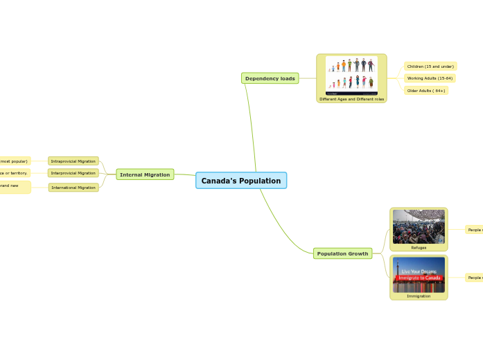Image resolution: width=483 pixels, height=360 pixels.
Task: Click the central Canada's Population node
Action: pyautogui.click(x=240, y=181)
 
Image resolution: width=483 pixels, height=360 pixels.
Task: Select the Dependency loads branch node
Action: pyautogui.click(x=270, y=78)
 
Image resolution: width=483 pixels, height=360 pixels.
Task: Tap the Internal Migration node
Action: pyautogui.click(x=145, y=174)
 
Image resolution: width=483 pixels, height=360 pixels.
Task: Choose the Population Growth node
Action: pyautogui.click(x=342, y=253)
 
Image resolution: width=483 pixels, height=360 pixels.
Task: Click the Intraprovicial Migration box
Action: pyautogui.click(x=73, y=161)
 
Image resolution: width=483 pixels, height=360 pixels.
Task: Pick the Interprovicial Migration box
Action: pyautogui.click(x=73, y=173)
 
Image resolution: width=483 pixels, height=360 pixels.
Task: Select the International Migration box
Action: pyautogui.click(x=73, y=187)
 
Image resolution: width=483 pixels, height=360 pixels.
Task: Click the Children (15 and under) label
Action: pyautogui.click(x=430, y=66)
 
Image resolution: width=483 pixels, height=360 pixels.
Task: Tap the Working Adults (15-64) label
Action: pyautogui.click(x=430, y=78)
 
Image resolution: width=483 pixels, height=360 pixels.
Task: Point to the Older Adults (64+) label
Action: pyautogui.click(x=426, y=91)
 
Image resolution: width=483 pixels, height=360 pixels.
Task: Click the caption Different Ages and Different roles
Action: pyautogui.click(x=351, y=99)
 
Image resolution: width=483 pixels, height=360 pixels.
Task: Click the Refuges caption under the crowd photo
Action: pyautogui.click(x=419, y=247)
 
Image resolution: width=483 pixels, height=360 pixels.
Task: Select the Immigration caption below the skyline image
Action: pyautogui.click(x=419, y=296)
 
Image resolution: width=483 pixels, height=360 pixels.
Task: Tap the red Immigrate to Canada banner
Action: pyautogui.click(x=419, y=278)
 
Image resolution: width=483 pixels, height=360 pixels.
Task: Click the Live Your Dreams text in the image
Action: pyautogui.click(x=419, y=271)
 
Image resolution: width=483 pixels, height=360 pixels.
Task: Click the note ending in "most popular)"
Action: pyautogui.click(x=15, y=161)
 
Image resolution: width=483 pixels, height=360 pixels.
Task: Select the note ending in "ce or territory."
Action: pyautogui.click(x=14, y=173)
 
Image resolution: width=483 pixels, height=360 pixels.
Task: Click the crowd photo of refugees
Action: pyautogui.click(x=419, y=226)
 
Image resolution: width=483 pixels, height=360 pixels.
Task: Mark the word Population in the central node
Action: pyautogui.click(x=256, y=181)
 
